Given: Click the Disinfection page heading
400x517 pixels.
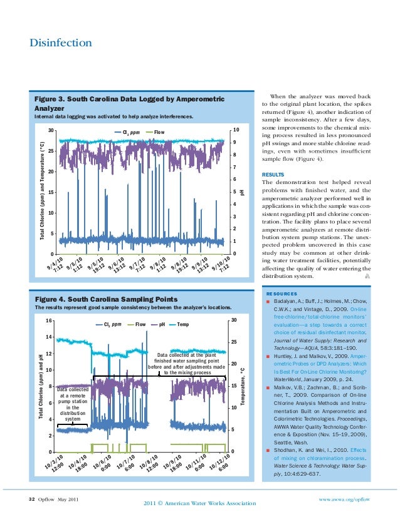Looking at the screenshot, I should (61, 43).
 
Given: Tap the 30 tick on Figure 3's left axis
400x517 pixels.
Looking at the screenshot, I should (50, 131).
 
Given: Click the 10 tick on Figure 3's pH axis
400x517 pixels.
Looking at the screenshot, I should (235, 130).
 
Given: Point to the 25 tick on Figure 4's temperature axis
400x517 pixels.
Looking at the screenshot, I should (233, 342).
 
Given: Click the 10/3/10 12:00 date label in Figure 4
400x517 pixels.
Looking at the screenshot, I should (56, 464).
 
